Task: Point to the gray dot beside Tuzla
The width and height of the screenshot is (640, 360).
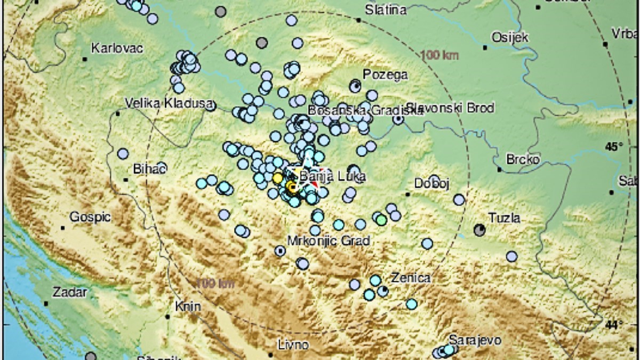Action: (480, 230)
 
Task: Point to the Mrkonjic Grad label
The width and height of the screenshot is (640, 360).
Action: (329, 241)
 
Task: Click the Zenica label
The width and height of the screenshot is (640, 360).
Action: (410, 278)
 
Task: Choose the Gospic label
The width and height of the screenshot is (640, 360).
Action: (90, 217)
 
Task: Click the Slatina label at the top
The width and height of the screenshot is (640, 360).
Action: (386, 10)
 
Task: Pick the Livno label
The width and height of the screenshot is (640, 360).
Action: (293, 345)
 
